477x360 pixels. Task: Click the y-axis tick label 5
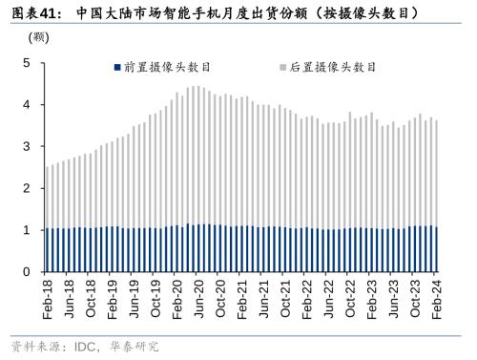[x=27, y=64]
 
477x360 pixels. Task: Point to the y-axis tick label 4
[x=27, y=105]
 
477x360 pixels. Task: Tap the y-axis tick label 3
[x=27, y=147]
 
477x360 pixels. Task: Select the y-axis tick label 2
[x=27, y=188]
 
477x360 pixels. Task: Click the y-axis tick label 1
[x=27, y=230]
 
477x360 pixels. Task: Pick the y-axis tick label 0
[x=27, y=272]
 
